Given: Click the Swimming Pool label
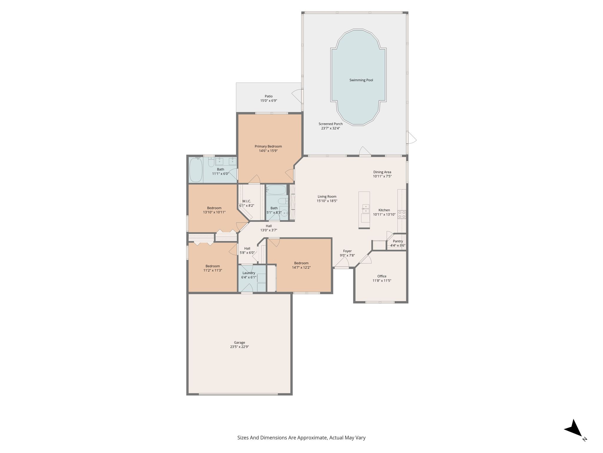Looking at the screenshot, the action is (361, 80).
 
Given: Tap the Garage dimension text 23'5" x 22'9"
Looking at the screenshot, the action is (239, 347).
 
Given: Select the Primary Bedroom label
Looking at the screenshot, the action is (268, 146).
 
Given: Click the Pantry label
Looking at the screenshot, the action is (398, 241).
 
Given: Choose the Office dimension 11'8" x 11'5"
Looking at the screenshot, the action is (382, 280).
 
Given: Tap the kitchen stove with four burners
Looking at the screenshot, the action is (402, 214).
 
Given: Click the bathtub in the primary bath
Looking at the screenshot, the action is (196, 170).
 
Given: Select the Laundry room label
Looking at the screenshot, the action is (249, 273).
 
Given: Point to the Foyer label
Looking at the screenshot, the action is (347, 251).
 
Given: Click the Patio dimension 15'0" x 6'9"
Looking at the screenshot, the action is (269, 101).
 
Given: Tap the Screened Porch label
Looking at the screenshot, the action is (330, 124).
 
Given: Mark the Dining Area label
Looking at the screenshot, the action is (382, 172).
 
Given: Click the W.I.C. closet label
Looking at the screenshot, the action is (247, 201).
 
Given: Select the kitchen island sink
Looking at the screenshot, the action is (365, 209).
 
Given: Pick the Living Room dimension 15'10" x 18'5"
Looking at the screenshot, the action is (327, 201).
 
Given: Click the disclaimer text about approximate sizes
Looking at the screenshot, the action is (301, 438).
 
